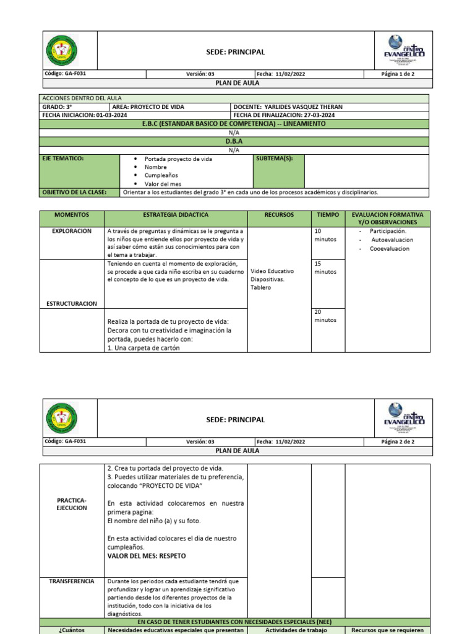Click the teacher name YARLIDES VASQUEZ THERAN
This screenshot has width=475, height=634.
pyautogui.click(x=303, y=107)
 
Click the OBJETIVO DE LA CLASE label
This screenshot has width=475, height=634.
pyautogui.click(x=73, y=193)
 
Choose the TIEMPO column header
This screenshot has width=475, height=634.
pyautogui.click(x=327, y=215)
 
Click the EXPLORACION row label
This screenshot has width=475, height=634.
pyautogui.click(x=72, y=231)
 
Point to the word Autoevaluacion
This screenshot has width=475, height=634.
pyautogui.click(x=392, y=240)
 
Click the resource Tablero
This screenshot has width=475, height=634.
pyautogui.click(x=260, y=287)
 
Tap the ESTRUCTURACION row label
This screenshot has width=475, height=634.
pyautogui.click(x=72, y=303)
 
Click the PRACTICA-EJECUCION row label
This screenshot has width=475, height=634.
pyautogui.click(x=72, y=503)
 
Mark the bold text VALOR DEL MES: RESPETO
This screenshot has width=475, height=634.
pyautogui.click(x=146, y=556)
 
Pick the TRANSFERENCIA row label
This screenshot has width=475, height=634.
pyautogui.click(x=72, y=581)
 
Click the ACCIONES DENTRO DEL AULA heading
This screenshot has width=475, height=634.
pyautogui.click(x=82, y=98)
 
